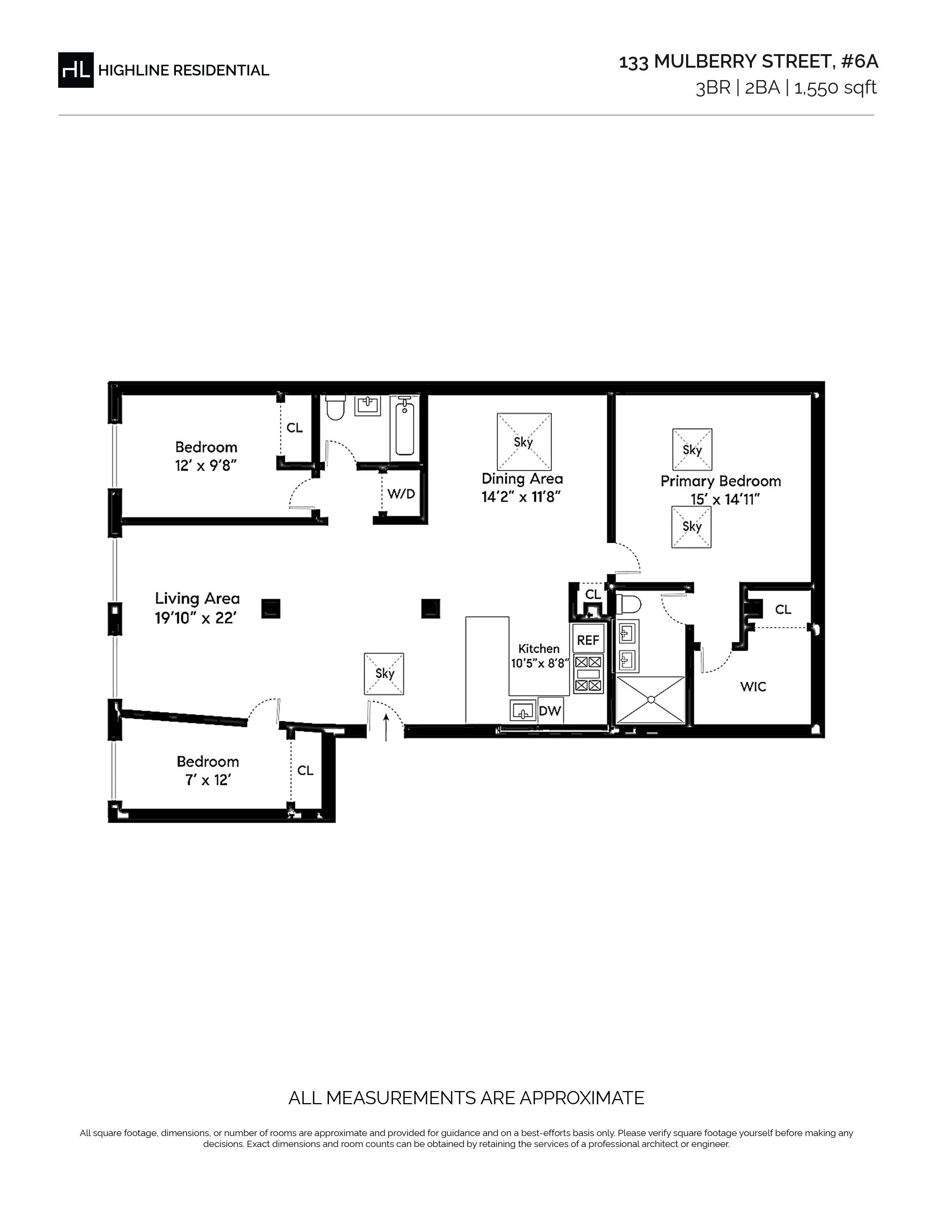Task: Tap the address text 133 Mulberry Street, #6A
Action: pos(748,62)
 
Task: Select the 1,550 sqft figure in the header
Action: pos(835,88)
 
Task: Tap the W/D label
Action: pos(401,493)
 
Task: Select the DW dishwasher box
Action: pos(550,711)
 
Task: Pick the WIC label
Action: pos(753,687)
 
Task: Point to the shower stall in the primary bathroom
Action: pos(651,700)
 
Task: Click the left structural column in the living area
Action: pos(271,609)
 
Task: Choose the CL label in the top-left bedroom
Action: pos(295,428)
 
